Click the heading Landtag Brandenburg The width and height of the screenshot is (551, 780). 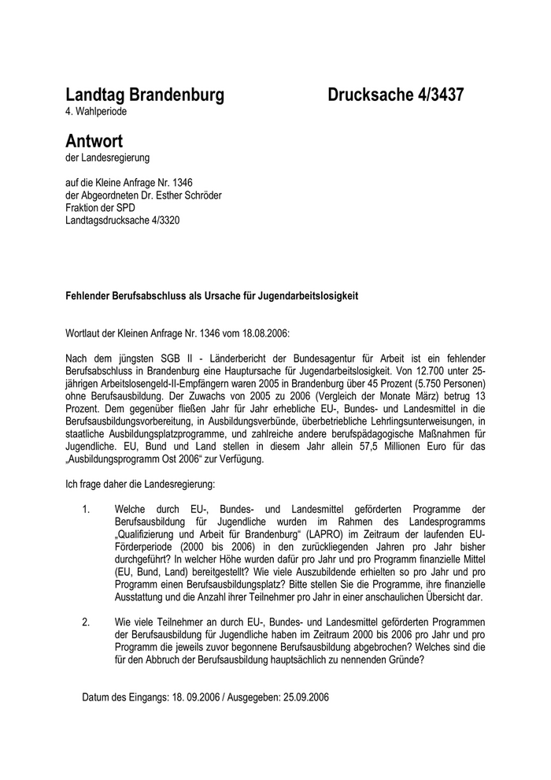tap(145, 95)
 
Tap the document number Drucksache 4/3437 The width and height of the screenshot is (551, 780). tap(396, 95)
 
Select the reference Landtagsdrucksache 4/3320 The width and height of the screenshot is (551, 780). tap(123, 221)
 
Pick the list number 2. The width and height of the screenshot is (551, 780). tap(87, 622)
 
